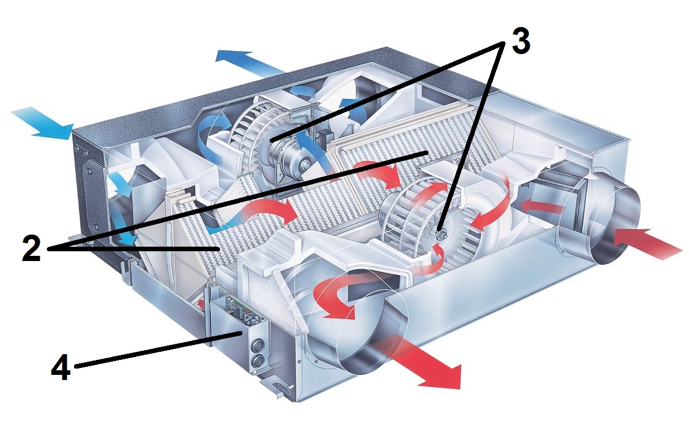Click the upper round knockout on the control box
(x=257, y=347)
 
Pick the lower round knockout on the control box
(x=258, y=362)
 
